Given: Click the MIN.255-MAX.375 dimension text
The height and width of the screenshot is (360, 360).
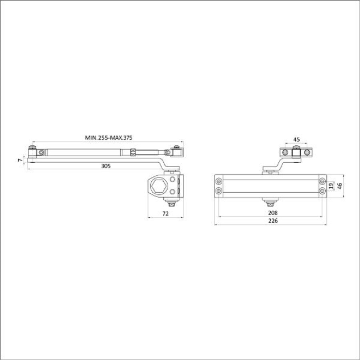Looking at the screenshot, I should point(108,137).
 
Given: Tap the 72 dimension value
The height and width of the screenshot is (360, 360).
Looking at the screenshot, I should point(165,214).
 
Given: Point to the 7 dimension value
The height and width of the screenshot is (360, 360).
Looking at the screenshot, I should point(20,160).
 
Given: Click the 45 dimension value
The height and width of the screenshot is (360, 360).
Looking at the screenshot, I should point(296,140).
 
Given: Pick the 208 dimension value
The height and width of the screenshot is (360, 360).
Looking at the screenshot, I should point(273,213).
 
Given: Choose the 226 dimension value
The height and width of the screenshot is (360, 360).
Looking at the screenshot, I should point(273,220).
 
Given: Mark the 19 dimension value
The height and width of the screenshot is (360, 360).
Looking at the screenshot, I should point(330,186).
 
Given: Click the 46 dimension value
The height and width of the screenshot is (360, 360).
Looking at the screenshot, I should point(339,186).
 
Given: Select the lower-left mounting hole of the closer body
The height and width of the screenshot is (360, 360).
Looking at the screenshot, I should point(219,191).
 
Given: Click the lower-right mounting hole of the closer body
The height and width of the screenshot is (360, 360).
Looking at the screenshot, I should point(322,191).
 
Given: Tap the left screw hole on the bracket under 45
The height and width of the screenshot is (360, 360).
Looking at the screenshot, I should point(285,152).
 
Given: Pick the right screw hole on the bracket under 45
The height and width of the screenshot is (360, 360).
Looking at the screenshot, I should point(307,152).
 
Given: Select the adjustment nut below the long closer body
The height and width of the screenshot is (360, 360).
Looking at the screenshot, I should point(270,200).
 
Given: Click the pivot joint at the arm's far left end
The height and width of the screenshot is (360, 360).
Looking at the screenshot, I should point(32,153).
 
